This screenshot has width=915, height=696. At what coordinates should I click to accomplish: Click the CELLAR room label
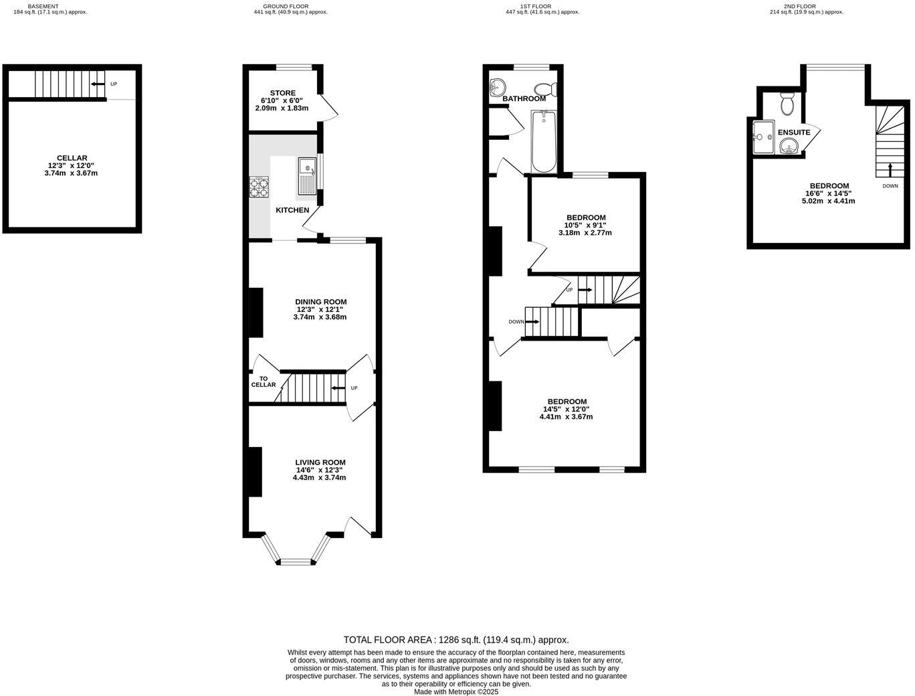tap(72, 158)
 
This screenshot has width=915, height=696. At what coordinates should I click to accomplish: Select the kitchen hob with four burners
tap(259, 187)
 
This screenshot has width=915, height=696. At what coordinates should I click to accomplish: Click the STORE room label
tap(283, 93)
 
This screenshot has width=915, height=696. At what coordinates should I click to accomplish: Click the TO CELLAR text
tap(263, 381)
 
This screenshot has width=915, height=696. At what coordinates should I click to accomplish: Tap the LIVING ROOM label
tap(320, 462)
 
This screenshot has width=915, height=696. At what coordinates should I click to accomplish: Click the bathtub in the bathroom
tap(544, 142)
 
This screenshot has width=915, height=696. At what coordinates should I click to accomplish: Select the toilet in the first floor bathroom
tap(545, 88)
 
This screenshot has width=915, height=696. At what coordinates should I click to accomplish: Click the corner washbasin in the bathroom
tap(497, 86)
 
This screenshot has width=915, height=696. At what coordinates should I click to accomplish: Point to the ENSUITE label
tap(794, 133)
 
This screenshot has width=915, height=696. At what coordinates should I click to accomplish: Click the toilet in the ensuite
tap(787, 103)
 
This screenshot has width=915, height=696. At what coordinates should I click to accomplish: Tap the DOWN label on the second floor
tap(890, 186)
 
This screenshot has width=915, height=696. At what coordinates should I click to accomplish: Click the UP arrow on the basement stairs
tap(98, 84)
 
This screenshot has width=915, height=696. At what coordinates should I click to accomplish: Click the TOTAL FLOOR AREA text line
tap(456, 640)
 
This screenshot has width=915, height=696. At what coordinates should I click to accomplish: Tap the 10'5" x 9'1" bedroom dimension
tap(585, 226)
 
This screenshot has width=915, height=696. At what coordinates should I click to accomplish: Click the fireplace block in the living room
tap(255, 472)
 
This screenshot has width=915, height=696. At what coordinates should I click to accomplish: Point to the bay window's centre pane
tap(296, 561)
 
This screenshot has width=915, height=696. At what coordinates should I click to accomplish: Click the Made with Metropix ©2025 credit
tap(456, 692)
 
